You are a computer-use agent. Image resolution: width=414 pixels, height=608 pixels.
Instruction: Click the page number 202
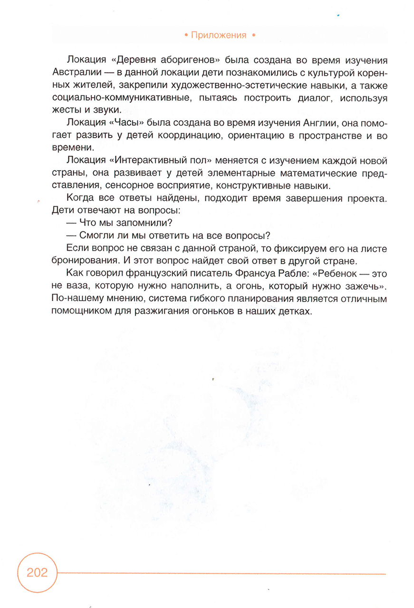pos(37,572)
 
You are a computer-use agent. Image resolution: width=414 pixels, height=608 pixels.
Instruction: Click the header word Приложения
pos(219,35)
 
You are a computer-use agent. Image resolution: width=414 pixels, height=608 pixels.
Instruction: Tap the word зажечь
pos(363,286)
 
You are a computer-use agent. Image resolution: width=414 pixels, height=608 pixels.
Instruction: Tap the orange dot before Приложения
pos(185,35)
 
